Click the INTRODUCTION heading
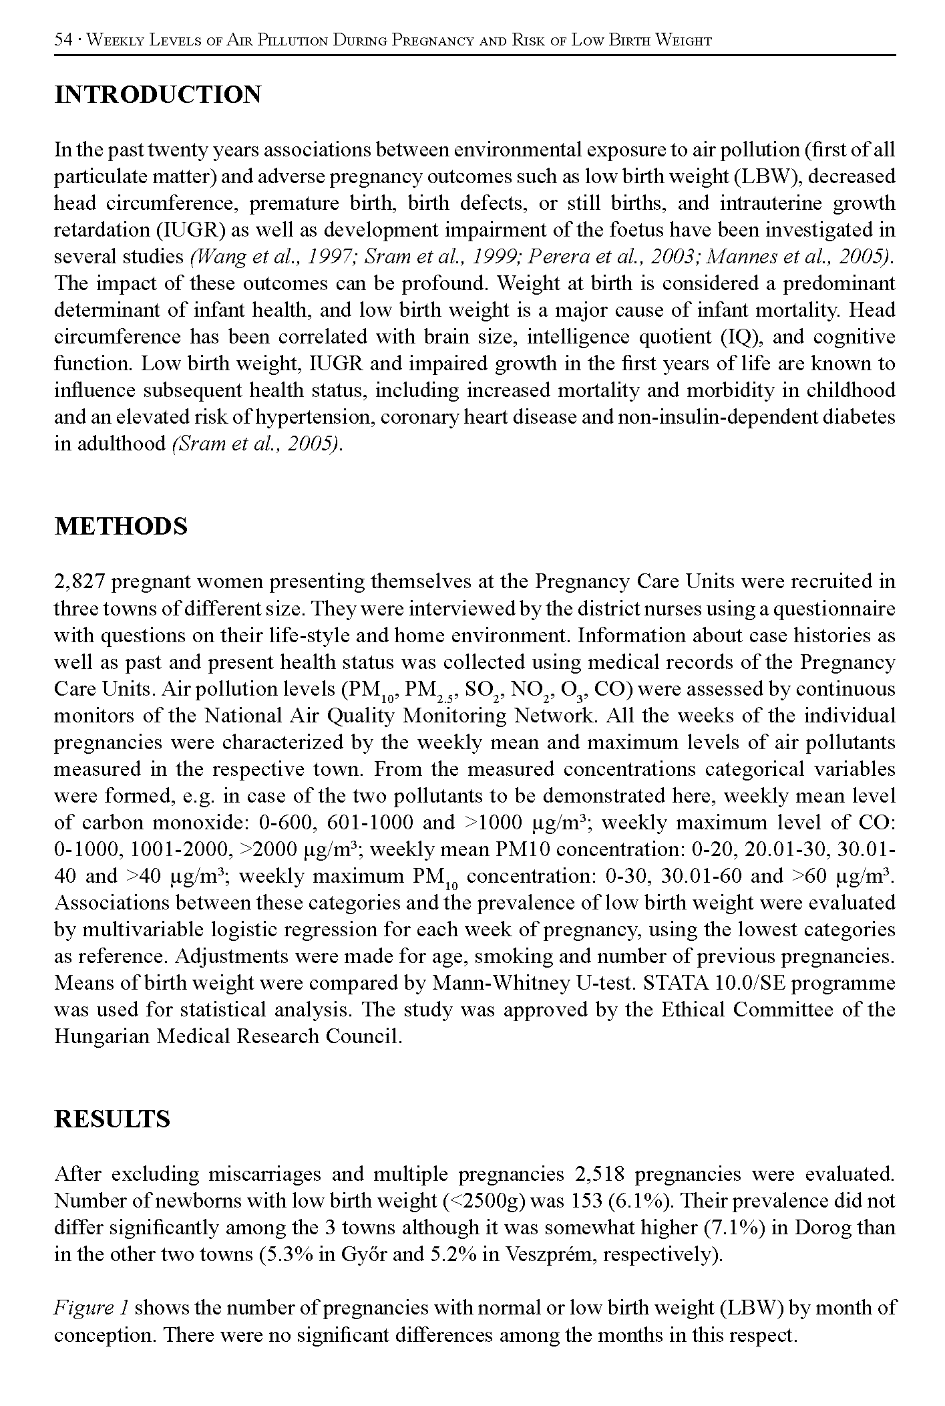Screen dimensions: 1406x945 [x=158, y=96]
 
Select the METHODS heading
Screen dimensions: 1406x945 [x=121, y=527]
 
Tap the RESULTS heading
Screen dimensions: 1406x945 [x=112, y=1119]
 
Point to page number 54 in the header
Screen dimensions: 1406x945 [x=63, y=40]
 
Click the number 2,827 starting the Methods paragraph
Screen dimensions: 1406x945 [x=79, y=582]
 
